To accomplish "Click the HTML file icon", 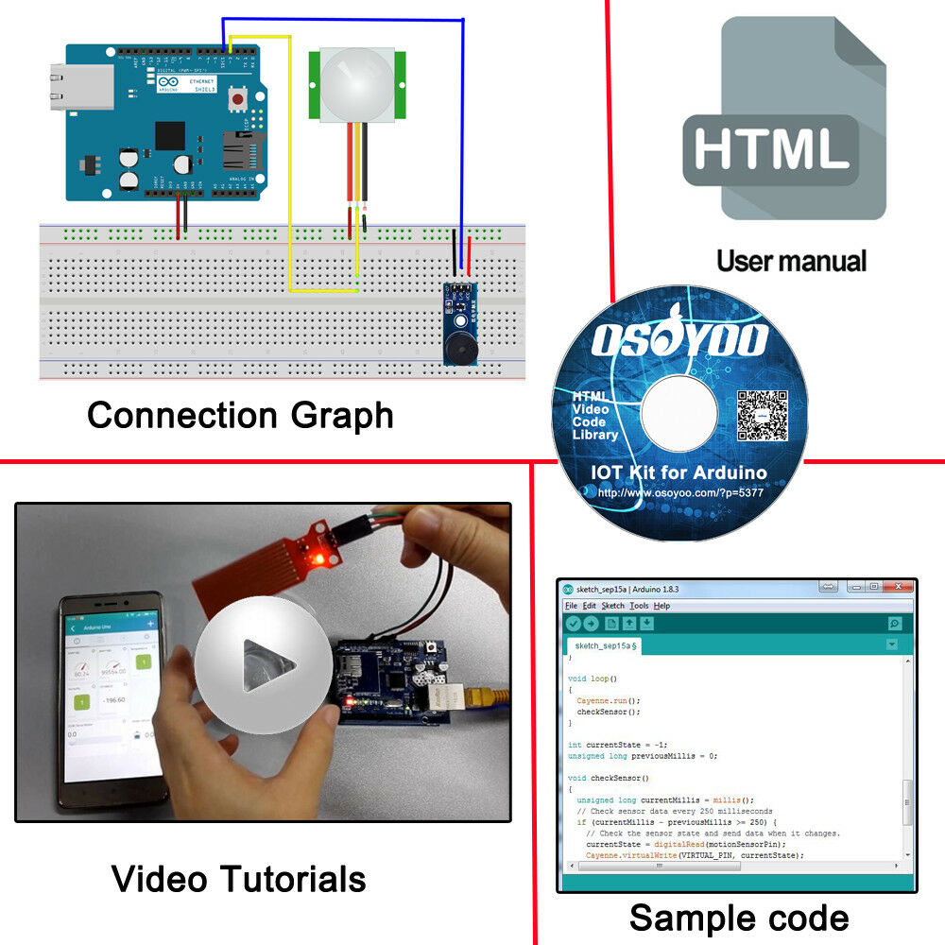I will (x=784, y=118).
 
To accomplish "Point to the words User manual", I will (x=791, y=261).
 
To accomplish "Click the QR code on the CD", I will (x=763, y=416).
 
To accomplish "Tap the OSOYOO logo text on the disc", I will (x=679, y=337).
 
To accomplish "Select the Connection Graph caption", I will (x=240, y=415).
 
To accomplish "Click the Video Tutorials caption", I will (x=238, y=879).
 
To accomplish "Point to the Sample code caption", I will (x=739, y=918).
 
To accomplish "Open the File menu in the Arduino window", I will (x=571, y=606).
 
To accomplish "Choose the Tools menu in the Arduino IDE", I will (x=639, y=606).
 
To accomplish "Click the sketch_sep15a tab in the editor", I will (x=605, y=645).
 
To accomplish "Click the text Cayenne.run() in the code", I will (x=608, y=701).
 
